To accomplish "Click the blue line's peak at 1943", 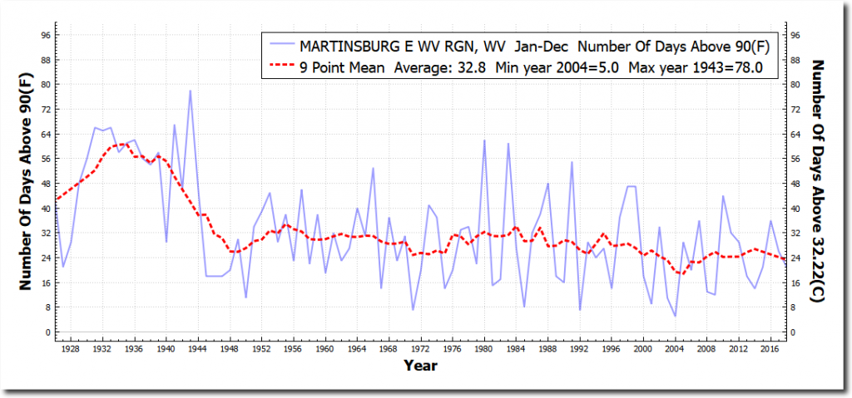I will [190, 91].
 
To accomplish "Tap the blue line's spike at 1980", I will [484, 140].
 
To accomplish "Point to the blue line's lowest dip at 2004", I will [676, 316].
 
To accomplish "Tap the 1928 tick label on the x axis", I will [71, 348].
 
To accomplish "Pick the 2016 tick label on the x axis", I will [770, 348].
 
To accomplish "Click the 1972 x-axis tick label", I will [420, 348].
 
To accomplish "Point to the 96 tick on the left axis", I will [47, 35].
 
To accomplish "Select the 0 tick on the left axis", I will [49, 332].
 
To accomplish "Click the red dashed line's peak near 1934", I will [119, 144].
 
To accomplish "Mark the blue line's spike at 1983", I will [508, 144].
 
